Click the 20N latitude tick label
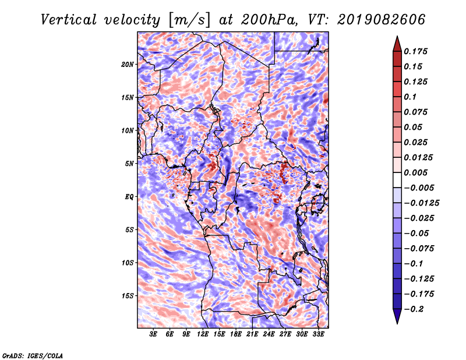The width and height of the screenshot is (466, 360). [x=128, y=65]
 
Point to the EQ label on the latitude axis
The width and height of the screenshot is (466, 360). [x=129, y=197]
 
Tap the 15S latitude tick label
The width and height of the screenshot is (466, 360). [x=128, y=296]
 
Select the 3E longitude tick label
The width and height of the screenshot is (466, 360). [x=153, y=334]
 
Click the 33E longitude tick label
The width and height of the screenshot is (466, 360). [x=318, y=334]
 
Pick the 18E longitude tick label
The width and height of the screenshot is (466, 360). [x=236, y=334]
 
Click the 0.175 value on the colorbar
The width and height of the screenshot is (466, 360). [x=415, y=51]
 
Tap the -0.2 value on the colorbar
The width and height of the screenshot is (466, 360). [x=414, y=309]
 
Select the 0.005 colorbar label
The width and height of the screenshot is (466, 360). [x=415, y=172]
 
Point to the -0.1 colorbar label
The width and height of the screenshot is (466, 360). [x=413, y=264]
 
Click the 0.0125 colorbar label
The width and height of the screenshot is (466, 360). [x=418, y=157]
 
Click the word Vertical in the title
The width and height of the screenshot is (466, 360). [x=68, y=20]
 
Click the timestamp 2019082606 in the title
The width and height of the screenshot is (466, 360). [x=382, y=20]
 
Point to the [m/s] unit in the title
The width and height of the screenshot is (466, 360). [x=189, y=20]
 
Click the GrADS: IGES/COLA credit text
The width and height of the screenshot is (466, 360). [x=33, y=356]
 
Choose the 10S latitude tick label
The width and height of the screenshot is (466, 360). [x=128, y=263]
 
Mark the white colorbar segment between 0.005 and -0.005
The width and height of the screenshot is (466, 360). [x=397, y=180]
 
